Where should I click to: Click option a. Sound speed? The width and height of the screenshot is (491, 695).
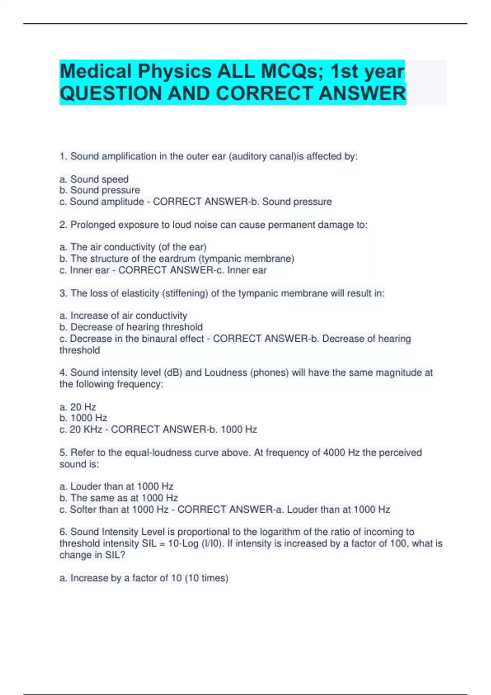[x=94, y=179]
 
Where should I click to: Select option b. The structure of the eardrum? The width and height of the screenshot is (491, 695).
[x=177, y=258]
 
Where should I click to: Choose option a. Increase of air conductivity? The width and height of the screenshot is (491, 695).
[x=124, y=316]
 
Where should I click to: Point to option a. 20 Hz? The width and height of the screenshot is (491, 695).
[x=78, y=407]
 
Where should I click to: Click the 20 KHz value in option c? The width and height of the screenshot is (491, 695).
[x=86, y=429]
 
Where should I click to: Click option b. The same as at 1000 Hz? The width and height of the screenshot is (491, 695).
[x=119, y=498]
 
